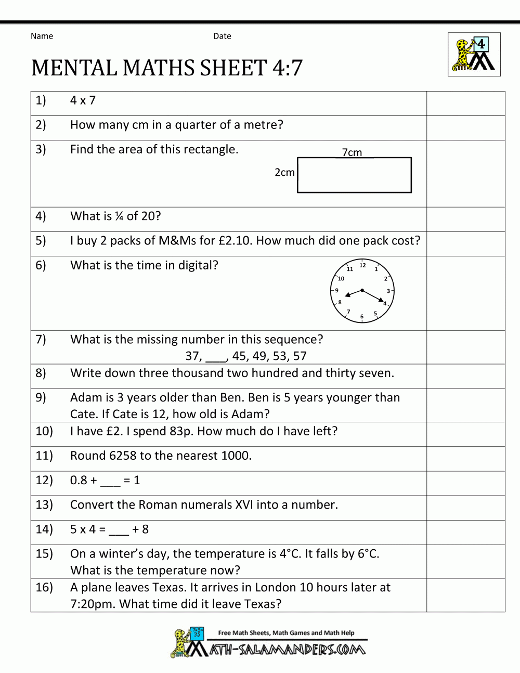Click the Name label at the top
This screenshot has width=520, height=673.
point(42,36)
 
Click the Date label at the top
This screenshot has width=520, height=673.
point(222,36)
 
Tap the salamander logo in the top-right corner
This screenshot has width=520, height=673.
point(474,55)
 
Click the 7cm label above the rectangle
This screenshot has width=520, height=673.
point(352,152)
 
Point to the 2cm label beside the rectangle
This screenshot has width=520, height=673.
point(284,172)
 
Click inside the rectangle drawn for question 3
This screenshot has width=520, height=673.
point(354,175)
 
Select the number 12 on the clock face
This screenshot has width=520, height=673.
point(362,265)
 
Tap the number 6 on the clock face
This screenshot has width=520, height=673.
point(362,316)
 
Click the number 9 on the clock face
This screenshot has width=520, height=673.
point(336,291)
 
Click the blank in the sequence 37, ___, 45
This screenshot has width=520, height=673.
point(216,357)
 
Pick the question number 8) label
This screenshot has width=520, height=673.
point(41,373)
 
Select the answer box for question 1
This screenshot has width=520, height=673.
point(465,103)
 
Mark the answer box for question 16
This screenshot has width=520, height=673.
point(465,595)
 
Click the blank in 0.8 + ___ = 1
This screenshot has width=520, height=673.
point(110,481)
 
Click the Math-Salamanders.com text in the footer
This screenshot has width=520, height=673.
point(287,650)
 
